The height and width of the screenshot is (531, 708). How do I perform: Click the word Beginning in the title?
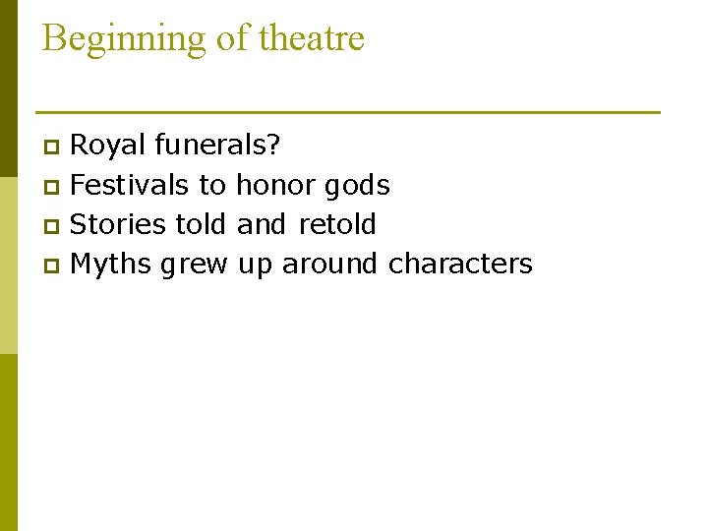[x=123, y=39]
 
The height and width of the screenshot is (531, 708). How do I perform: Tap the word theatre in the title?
[x=312, y=38]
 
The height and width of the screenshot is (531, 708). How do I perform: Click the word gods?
[x=358, y=185]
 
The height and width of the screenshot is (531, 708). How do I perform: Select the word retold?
[x=337, y=224]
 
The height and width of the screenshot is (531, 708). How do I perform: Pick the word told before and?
[x=202, y=224]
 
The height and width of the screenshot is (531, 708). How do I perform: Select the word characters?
[x=460, y=265]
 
